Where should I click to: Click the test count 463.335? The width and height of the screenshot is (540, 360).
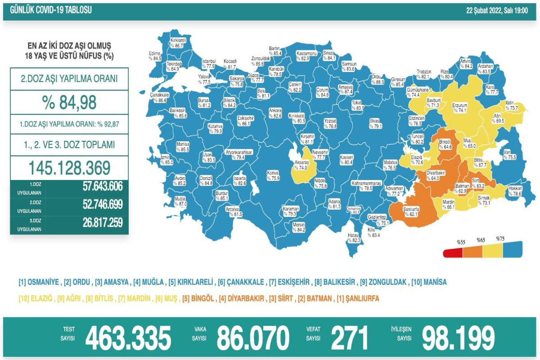[x=128, y=338]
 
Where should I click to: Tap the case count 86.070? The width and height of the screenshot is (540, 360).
[x=253, y=338]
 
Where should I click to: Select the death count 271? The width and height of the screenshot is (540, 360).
[x=350, y=338]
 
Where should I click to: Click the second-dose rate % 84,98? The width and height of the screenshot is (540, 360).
[x=69, y=103]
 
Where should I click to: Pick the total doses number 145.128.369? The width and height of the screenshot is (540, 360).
[x=69, y=168]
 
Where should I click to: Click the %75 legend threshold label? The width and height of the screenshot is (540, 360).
[x=500, y=238]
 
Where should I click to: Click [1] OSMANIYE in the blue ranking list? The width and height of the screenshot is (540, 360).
[x=39, y=282]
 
